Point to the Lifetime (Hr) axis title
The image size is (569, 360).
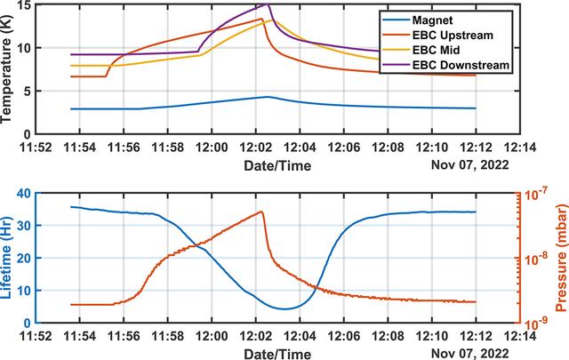point(6,257)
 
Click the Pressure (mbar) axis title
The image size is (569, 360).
point(561,258)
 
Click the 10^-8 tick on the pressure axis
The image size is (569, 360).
point(533,260)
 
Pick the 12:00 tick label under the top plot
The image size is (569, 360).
point(212,148)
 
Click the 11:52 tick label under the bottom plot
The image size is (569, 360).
point(36,336)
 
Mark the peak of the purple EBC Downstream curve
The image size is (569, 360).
point(268,4)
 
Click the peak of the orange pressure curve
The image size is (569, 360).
point(261,212)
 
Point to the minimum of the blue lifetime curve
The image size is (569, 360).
point(284,308)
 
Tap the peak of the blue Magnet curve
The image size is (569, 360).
point(268,97)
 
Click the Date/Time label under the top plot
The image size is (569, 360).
point(277,166)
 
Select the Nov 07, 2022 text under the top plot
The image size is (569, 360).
point(470,165)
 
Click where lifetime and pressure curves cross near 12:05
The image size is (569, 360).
point(315,287)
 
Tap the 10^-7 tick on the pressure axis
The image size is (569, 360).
point(533,196)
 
